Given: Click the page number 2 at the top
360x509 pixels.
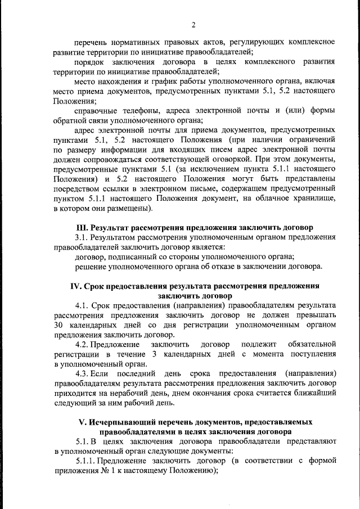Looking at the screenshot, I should pos(192,25).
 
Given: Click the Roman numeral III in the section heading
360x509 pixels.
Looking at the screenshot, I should pos(82,228).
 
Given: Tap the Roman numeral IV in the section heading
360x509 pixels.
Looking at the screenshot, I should pos(76,286).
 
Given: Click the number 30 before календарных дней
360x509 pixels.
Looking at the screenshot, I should pos(60,325).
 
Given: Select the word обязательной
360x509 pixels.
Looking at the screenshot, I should pos(311,344).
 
